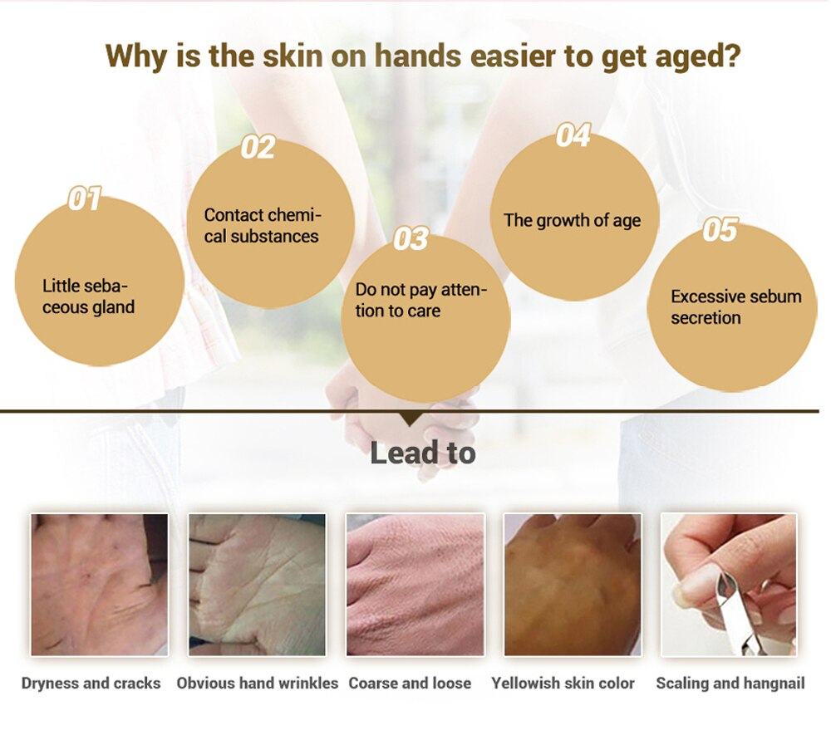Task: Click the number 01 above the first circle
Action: pos(85,198)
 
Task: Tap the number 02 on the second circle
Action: pos(258,147)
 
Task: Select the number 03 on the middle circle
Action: pos(411,238)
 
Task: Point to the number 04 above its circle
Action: pos(573,135)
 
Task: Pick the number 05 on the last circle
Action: pos(720,230)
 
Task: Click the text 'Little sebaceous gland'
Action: pos(89,296)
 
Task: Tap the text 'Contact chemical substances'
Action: pos(263,226)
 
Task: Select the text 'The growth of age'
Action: pos(573,220)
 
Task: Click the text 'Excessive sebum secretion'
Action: pos(736,307)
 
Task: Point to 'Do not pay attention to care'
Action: pos(420,301)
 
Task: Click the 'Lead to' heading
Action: pos(422,453)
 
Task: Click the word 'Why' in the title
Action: pos(136,56)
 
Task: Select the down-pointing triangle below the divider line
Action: pos(411,419)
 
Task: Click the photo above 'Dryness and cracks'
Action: pos(100,585)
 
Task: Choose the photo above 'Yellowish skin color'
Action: pos(573,585)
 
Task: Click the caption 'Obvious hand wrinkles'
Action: pos(257,684)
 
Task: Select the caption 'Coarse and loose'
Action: pos(410,684)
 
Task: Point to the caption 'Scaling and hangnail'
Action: pos(730,684)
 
